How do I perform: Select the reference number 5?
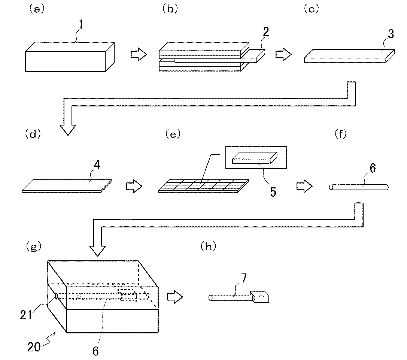coord(273,192)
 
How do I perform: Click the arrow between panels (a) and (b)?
coord(137,55)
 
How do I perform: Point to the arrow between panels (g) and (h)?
coord(174,297)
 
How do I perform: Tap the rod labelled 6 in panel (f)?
coord(359,187)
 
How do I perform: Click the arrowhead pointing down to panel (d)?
coord(68,129)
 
